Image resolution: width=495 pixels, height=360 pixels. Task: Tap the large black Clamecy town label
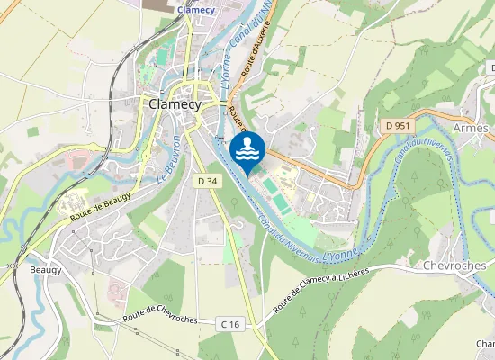click(x=177, y=103)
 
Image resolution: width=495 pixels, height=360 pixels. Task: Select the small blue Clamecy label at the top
click(x=196, y=10)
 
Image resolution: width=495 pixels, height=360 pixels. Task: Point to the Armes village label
click(x=471, y=128)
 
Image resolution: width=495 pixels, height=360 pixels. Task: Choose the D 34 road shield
click(x=207, y=181)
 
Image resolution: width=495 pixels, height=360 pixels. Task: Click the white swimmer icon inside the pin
click(x=247, y=148)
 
